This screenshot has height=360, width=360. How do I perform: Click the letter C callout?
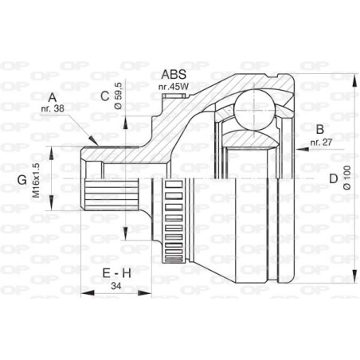[x=104, y=97]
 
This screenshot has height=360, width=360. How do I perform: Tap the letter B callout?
[x=319, y=129]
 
